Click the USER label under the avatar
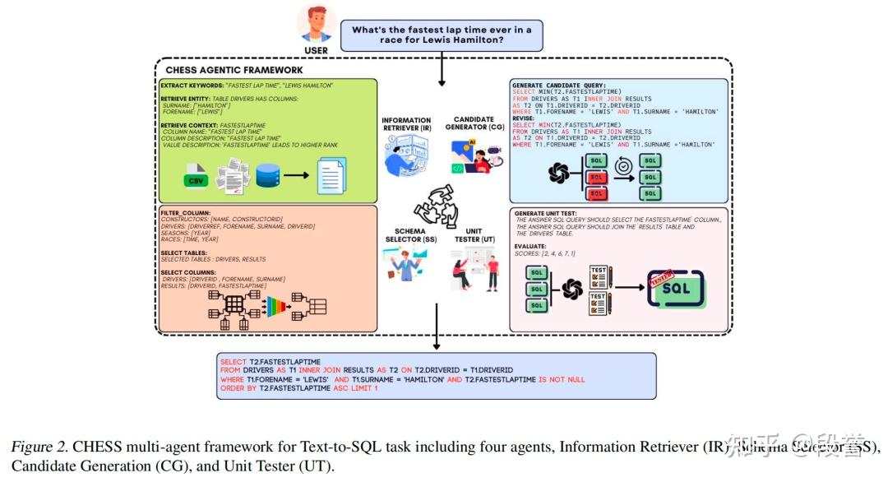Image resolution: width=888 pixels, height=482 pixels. pos(316,50)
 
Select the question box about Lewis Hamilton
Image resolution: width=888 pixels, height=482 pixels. pos(442,35)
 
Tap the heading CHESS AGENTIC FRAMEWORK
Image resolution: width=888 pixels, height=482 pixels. pos(234,70)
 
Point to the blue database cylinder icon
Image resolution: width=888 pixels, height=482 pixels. pos(268,175)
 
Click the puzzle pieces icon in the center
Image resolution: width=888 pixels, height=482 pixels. pos(440,205)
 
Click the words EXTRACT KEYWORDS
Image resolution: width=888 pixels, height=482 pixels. pos(190,86)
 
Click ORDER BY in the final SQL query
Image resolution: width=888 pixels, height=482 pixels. pos(238,387)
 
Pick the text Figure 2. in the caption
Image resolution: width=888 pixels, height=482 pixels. pos(38,447)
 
